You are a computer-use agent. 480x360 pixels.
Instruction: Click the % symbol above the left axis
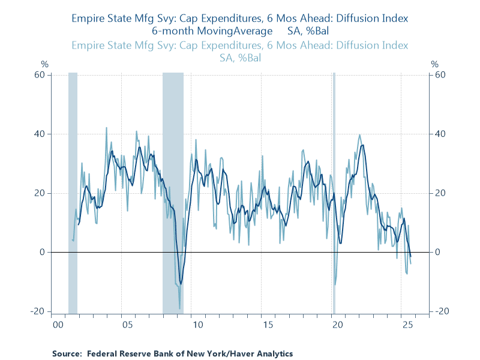(x=44, y=64)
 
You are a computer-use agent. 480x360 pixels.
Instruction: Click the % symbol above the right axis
(x=435, y=64)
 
